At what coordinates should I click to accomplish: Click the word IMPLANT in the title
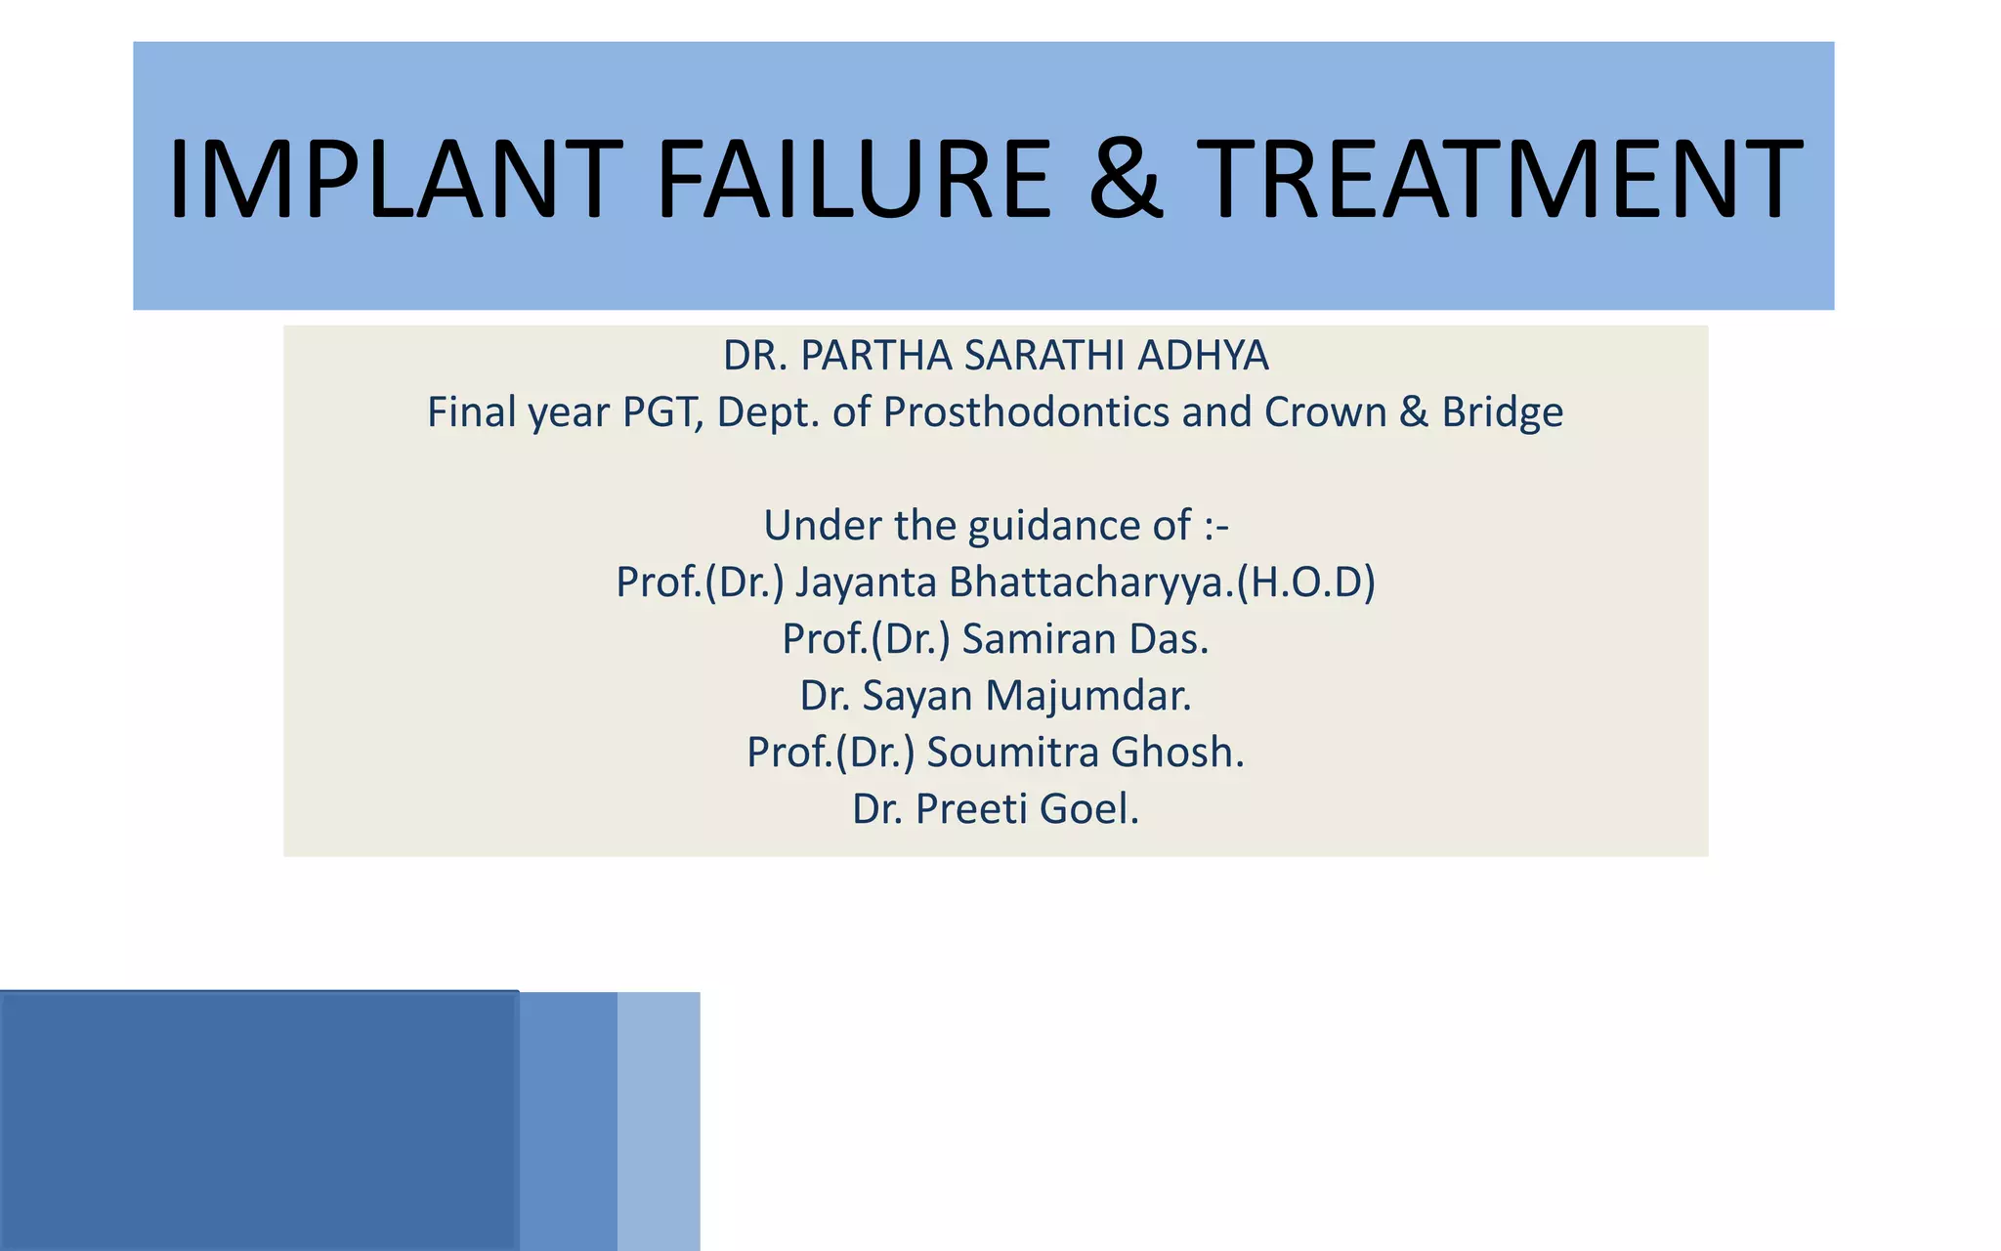(395, 180)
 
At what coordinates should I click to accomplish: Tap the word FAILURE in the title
(853, 180)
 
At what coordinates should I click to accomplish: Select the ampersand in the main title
(1126, 180)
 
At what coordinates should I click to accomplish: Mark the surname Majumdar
(1088, 696)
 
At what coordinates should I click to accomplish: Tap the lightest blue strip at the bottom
(659, 1121)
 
